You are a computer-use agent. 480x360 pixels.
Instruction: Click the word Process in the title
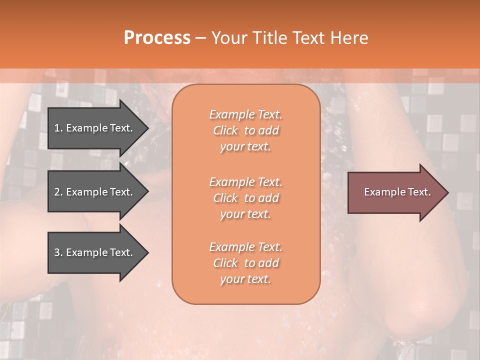(x=157, y=38)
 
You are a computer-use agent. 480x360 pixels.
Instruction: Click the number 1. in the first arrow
(x=58, y=128)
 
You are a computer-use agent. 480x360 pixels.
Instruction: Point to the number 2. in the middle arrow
(x=58, y=192)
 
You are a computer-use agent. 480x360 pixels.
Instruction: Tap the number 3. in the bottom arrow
(x=58, y=252)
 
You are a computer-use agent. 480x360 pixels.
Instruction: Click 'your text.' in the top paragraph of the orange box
(x=245, y=146)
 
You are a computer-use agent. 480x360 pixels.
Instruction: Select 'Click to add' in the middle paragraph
(x=245, y=198)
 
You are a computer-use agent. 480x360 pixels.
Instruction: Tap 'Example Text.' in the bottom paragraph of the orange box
(x=245, y=247)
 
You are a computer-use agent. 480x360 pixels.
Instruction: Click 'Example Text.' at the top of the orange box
(x=245, y=114)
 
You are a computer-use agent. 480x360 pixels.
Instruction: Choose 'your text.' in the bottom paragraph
(x=245, y=279)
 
